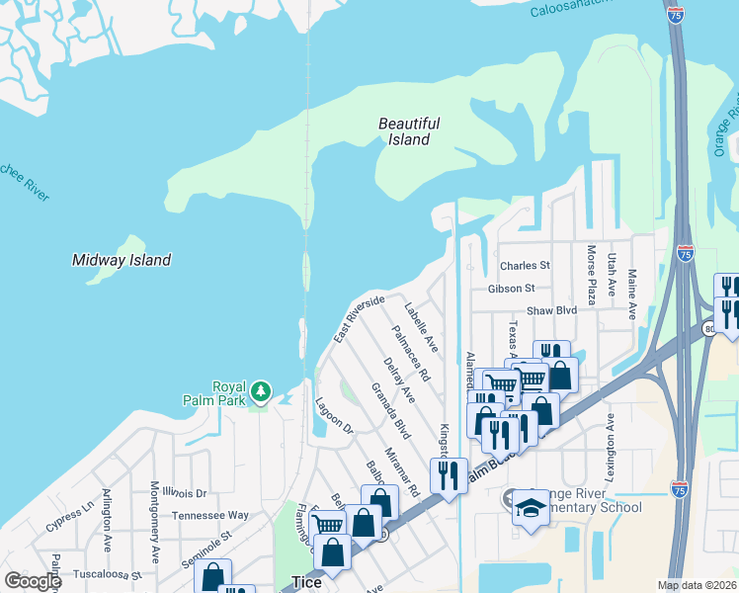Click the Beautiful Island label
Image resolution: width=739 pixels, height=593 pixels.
point(409,131)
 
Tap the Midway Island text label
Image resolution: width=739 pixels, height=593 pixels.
point(122,260)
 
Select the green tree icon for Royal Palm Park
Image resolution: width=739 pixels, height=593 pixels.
point(261,392)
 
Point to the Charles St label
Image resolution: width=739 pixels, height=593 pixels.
point(525,266)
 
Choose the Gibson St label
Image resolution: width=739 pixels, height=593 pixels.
point(511,289)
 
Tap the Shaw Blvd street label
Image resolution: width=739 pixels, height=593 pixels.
point(551,310)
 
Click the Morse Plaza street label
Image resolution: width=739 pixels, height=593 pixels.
point(592,275)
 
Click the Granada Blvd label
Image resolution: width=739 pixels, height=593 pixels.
point(389,411)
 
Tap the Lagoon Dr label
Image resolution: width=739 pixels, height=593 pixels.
point(333,414)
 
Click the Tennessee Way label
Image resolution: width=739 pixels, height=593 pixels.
point(210,515)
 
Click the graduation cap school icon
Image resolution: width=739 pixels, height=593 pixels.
point(531,508)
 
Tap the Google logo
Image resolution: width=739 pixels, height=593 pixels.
point(33,581)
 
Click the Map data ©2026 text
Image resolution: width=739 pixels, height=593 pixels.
point(697,585)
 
